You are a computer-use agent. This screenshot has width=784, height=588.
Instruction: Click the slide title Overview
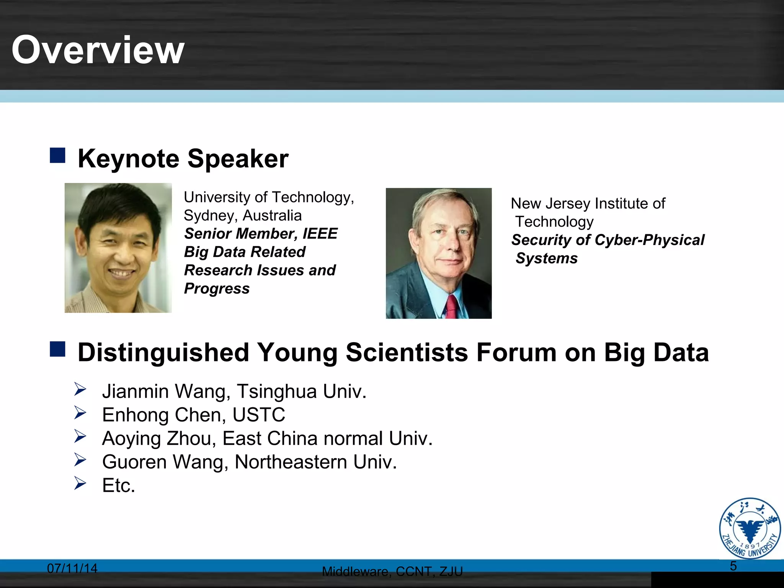[x=98, y=50]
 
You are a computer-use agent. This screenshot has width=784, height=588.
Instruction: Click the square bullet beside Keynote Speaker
[x=57, y=155]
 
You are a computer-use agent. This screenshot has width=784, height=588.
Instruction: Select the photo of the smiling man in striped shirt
[x=118, y=248]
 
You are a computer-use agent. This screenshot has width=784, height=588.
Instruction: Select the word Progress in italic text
[x=217, y=288]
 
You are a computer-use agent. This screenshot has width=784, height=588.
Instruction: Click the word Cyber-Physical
[x=650, y=240]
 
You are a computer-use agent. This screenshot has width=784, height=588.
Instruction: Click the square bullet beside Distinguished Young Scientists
[x=57, y=349]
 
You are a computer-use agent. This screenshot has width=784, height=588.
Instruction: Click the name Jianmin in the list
[x=136, y=391]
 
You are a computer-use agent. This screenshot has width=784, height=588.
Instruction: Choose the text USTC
[x=259, y=415]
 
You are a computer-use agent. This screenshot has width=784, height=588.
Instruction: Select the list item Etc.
[x=119, y=485]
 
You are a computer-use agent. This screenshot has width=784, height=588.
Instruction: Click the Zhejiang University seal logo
[x=750, y=528]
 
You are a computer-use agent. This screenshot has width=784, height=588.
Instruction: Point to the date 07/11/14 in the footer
[x=72, y=568]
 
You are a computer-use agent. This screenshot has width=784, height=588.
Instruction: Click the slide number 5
[x=733, y=566]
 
